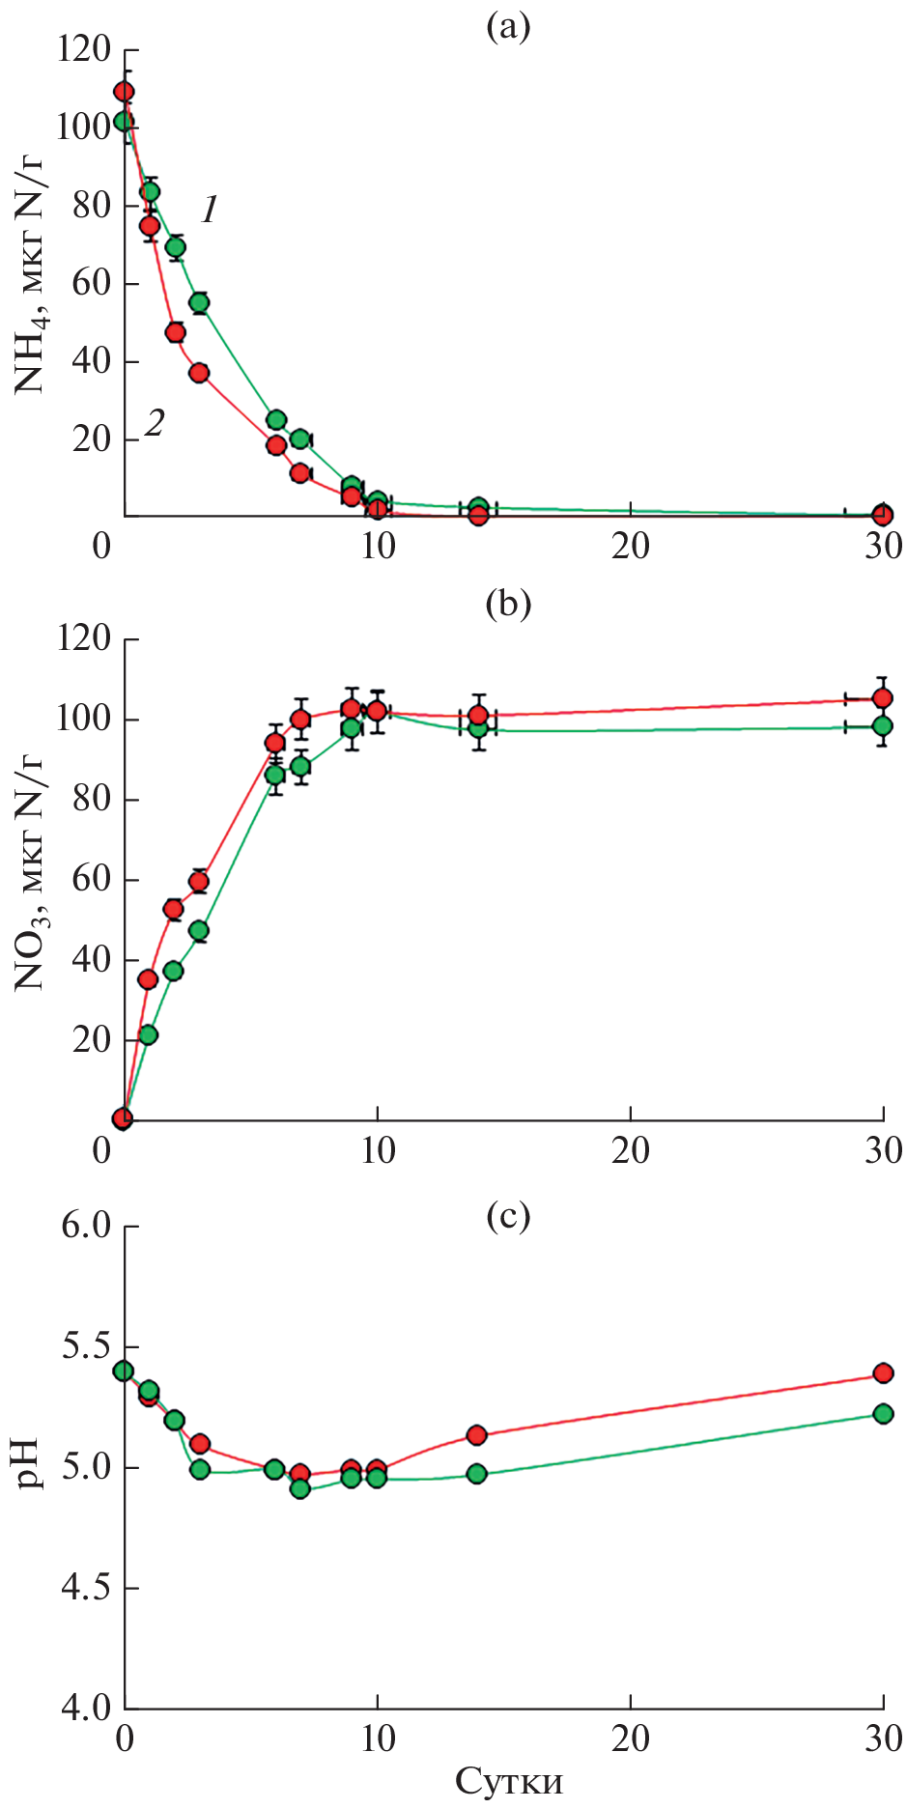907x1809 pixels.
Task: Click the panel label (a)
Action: click(508, 27)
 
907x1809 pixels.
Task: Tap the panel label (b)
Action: click(508, 604)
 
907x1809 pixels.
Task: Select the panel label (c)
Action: click(508, 1217)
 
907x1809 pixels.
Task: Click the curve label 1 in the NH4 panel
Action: click(210, 209)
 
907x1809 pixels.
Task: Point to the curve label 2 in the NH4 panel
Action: click(155, 422)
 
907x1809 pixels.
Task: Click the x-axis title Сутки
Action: click(508, 1780)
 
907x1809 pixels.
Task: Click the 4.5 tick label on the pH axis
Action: click(87, 1588)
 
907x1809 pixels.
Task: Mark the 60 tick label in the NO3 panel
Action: click(92, 880)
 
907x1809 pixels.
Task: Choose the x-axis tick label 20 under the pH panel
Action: click(630, 1738)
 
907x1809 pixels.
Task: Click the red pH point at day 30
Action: click(883, 1372)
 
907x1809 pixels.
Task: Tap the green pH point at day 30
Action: click(883, 1413)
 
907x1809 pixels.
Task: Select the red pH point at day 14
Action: click(476, 1434)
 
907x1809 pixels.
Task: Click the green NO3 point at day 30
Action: click(882, 726)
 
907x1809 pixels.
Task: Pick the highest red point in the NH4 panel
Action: click(124, 92)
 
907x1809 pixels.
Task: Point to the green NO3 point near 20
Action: click(148, 1034)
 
